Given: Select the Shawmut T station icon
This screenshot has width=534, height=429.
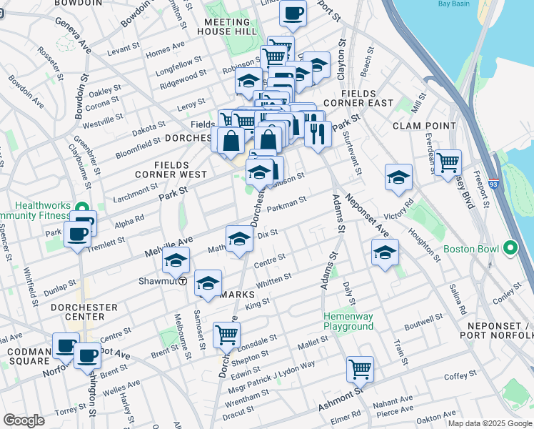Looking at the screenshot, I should point(183,281).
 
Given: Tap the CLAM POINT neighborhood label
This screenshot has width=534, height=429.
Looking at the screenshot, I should point(423,126).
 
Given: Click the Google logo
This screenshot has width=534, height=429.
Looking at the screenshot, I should point(24,420).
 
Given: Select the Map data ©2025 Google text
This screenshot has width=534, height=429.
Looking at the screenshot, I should point(490,423).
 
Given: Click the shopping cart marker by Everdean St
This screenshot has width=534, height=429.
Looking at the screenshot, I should point(448,162).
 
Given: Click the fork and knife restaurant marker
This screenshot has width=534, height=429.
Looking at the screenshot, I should point(317,132).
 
